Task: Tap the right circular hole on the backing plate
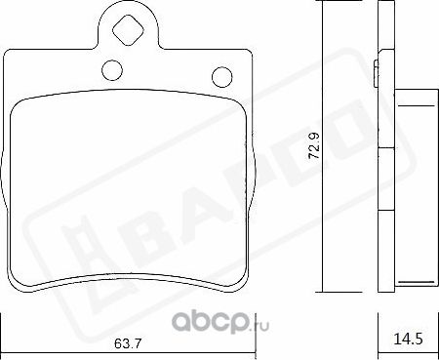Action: (220, 75)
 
